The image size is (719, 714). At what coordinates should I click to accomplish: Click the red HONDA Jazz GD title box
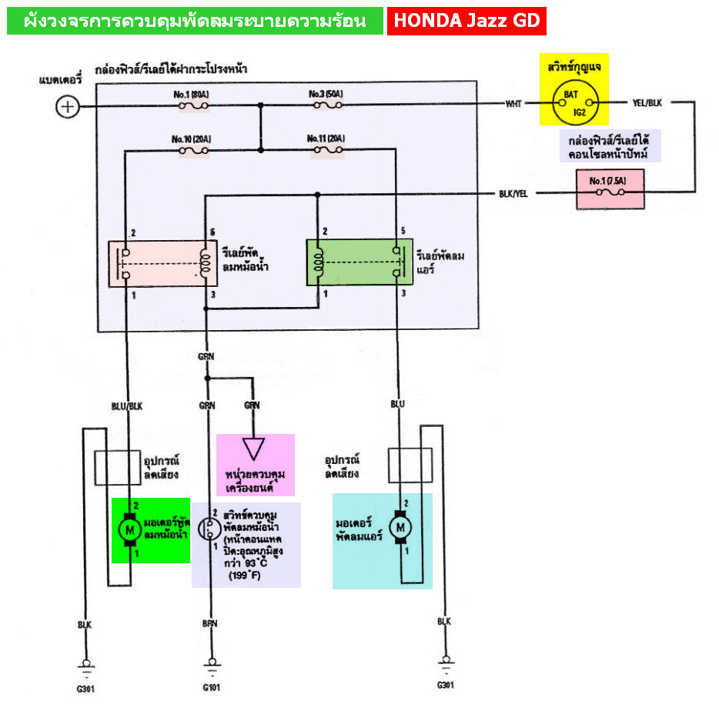click(467, 21)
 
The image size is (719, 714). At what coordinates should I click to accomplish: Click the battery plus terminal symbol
click(68, 106)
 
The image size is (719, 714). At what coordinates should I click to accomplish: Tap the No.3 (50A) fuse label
click(326, 94)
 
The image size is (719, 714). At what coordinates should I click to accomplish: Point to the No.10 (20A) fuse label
click(192, 139)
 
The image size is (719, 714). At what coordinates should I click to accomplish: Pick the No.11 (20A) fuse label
click(326, 138)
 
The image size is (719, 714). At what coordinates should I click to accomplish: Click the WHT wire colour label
click(513, 102)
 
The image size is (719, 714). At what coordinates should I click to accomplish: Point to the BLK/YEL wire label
click(513, 194)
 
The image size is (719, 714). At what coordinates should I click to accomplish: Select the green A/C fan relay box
click(358, 262)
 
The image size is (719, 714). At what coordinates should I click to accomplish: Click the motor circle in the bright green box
click(129, 530)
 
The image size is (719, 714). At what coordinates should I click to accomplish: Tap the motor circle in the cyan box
click(400, 528)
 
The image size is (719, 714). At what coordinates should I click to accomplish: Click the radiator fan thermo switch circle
click(208, 529)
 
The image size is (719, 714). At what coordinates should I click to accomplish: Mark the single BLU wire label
click(398, 404)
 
